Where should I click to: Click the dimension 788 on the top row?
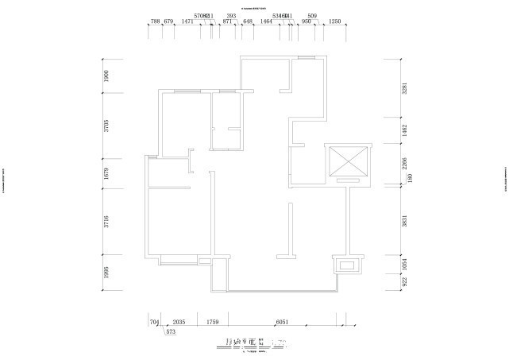155,22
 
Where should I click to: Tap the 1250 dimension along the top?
334,22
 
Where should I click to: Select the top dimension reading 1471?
188,22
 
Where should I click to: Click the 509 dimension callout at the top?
312,15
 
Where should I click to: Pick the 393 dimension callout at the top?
231,15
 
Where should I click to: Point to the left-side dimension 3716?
106,221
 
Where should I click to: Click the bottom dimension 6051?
281,322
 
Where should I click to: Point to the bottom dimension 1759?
212,322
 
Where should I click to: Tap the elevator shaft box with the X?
348,161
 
